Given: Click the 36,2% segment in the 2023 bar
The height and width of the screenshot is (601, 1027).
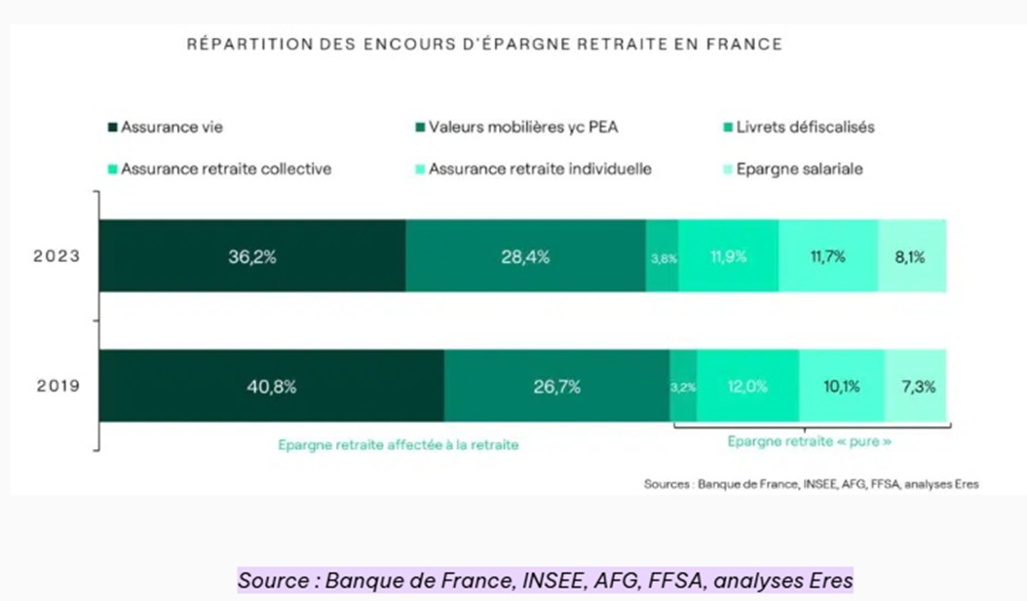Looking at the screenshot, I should [x=251, y=257].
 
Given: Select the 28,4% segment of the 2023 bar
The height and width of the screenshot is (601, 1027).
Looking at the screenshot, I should [x=525, y=257].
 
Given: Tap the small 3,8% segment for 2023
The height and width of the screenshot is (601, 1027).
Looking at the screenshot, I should [x=663, y=258].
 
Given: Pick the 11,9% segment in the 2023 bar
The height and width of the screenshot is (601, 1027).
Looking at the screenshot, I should [x=728, y=257].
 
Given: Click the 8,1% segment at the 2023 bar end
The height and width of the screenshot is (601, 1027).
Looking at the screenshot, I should [x=912, y=257].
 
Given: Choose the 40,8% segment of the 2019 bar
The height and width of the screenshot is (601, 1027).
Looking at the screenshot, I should [x=271, y=387].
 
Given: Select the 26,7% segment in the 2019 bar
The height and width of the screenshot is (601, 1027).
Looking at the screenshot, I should [x=556, y=387].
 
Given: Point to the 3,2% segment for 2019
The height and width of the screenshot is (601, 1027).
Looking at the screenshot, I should [x=683, y=387].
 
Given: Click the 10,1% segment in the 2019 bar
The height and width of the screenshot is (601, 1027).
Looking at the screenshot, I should [x=841, y=387].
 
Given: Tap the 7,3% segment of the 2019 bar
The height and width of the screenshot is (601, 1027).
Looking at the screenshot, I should [x=916, y=387].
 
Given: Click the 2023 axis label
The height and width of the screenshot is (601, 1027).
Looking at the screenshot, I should [x=57, y=257].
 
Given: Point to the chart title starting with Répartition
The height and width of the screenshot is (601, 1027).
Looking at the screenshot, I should [x=484, y=45].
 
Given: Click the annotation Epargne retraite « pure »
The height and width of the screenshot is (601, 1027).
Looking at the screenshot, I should [x=810, y=441].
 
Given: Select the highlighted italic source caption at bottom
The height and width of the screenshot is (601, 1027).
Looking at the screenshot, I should [x=546, y=581].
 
